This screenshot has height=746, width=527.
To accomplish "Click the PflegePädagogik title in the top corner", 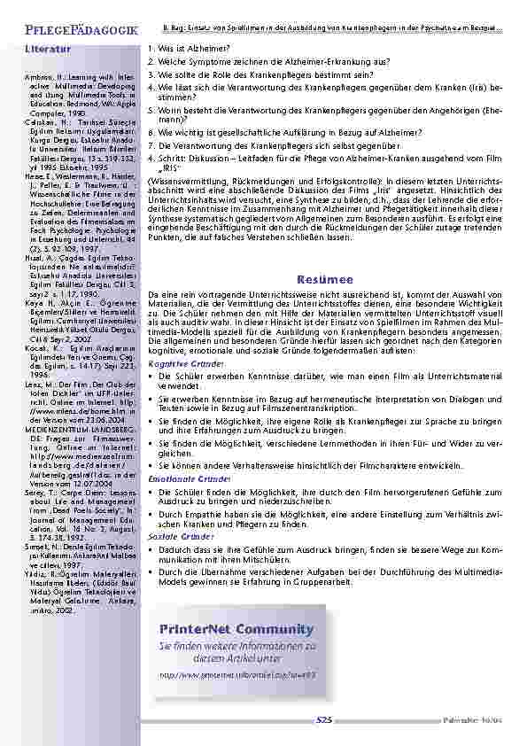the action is coord(74,32).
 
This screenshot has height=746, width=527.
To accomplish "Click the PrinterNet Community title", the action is coord(236,629).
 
